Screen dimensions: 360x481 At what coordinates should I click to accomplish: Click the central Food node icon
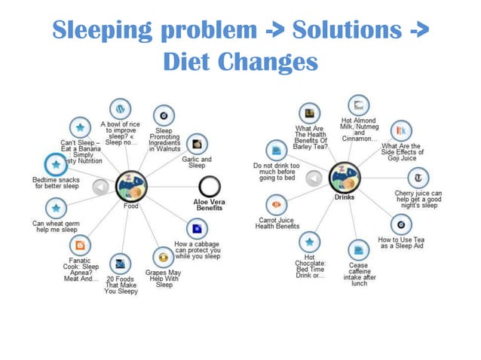click(130, 185)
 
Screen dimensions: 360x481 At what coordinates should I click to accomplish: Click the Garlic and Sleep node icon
click(197, 142)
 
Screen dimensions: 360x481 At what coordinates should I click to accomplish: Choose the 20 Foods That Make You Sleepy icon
click(119, 264)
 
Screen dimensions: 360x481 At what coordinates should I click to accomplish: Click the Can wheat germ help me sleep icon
click(55, 207)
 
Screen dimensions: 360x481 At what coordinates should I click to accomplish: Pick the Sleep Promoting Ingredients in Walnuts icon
click(163, 115)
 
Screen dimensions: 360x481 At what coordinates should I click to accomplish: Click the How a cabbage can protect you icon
click(196, 227)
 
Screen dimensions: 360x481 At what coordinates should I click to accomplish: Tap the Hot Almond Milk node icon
click(359, 105)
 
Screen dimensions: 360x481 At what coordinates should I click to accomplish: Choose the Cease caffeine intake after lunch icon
click(356, 248)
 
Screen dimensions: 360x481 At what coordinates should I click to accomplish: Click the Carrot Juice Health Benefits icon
click(277, 204)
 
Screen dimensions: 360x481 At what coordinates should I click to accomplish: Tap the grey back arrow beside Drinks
click(315, 178)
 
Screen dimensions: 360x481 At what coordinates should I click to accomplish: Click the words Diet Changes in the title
click(240, 61)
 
